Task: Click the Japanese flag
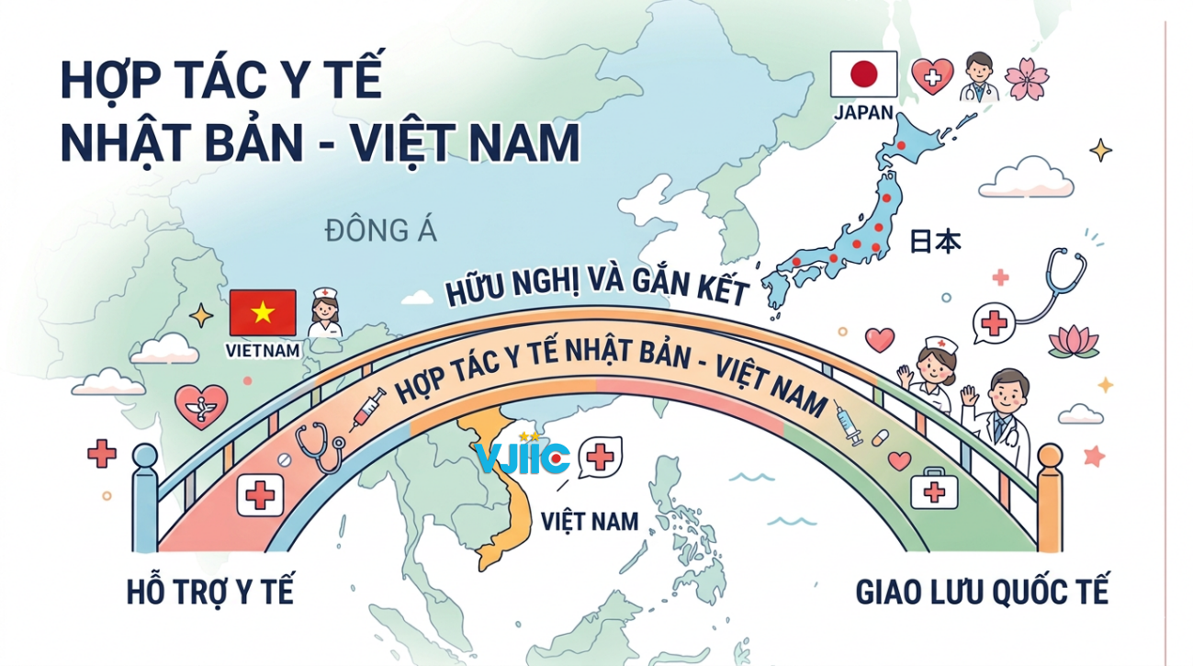[863, 74]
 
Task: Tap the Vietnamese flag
[263, 312]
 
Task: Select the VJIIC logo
[522, 457]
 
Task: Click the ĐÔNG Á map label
[380, 231]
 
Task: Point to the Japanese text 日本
[935, 242]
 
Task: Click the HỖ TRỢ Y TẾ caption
[210, 593]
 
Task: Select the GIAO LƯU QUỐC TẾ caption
[982, 592]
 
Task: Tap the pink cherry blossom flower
[1027, 78]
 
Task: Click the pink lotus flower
[1074, 341]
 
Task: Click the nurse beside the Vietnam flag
[324, 312]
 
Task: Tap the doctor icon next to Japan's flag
[979, 76]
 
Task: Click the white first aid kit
[934, 489]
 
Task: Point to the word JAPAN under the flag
[863, 112]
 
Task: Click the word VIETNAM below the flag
[264, 351]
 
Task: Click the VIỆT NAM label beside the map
[590, 522]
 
